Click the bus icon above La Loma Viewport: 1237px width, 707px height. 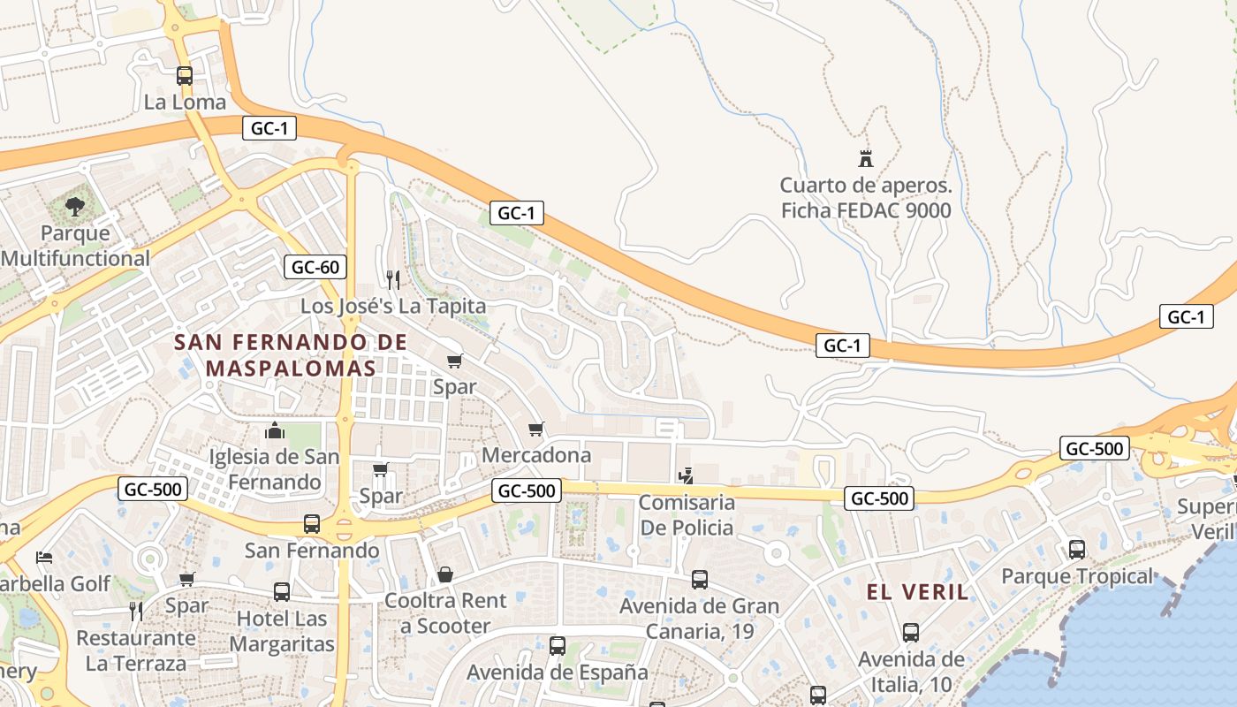pyautogui.click(x=185, y=76)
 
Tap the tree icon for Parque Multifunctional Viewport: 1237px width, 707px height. pyautogui.click(x=75, y=207)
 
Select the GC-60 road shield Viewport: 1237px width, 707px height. pyautogui.click(x=315, y=267)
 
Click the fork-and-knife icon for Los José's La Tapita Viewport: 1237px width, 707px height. pyautogui.click(x=393, y=280)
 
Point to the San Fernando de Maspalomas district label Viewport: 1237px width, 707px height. pyautogui.click(x=291, y=354)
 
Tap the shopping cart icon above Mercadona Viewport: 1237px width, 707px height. pyautogui.click(x=535, y=430)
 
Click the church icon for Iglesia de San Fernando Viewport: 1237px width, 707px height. pyautogui.click(x=275, y=431)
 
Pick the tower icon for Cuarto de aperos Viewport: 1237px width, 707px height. pyautogui.click(x=866, y=160)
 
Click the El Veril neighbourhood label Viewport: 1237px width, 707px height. pyautogui.click(x=917, y=592)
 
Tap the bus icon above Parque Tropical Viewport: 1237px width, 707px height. pyautogui.click(x=1077, y=550)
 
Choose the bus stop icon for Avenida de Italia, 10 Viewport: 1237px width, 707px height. pyautogui.click(x=911, y=633)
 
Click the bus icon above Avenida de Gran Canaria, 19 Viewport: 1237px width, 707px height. pyautogui.click(x=700, y=580)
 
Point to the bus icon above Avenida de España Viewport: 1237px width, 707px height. pyautogui.click(x=558, y=646)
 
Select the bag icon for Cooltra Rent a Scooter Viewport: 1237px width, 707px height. pyautogui.click(x=445, y=574)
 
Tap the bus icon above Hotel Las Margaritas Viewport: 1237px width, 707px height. pyautogui.click(x=282, y=592)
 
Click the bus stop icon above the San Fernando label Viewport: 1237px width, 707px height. pyautogui.click(x=312, y=524)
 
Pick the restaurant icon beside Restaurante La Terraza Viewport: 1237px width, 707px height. pyautogui.click(x=136, y=611)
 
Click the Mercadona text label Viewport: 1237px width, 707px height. pyautogui.click(x=536, y=455)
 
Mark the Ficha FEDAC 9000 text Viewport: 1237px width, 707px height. pyautogui.click(x=866, y=210)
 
